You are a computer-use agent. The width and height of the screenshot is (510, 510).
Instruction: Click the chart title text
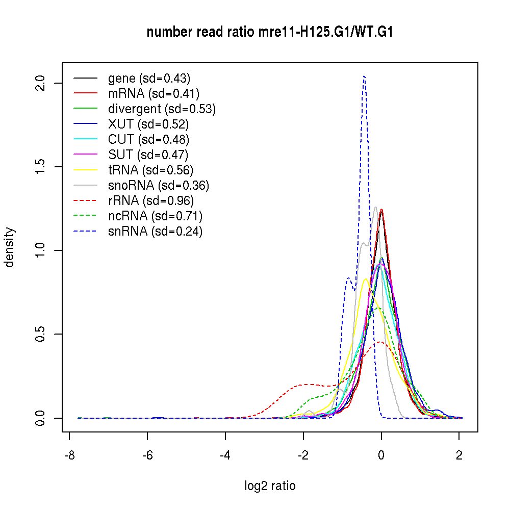[270, 32]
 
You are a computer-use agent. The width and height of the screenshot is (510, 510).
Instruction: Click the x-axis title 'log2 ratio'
[270, 486]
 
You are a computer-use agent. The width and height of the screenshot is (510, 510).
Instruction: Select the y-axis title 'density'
[10, 247]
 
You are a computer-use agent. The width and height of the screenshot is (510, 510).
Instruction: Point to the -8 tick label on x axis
[69, 455]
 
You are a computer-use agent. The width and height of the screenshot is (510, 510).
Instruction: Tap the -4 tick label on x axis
[225, 455]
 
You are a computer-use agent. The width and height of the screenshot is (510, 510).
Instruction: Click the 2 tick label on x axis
[459, 455]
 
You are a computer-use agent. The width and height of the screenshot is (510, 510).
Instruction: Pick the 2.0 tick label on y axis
[42, 83]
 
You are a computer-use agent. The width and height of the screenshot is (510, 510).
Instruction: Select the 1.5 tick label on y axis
[42, 167]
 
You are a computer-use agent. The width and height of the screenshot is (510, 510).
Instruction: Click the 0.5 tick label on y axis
[42, 334]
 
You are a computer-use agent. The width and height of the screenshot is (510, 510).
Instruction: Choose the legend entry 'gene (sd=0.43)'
[149, 79]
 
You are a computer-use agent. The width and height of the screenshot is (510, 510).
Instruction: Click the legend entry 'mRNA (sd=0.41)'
[154, 94]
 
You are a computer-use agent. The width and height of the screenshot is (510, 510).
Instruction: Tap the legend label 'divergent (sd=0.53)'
[162, 109]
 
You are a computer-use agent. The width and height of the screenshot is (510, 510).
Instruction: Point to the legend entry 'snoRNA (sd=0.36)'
[159, 186]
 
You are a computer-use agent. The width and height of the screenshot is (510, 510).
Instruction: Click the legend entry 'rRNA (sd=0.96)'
[151, 201]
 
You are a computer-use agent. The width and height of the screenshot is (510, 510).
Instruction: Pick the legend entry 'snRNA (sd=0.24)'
[155, 232]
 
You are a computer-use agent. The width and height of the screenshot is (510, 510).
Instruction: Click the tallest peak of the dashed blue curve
[364, 76]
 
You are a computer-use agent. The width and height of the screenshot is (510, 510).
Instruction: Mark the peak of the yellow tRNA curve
[366, 278]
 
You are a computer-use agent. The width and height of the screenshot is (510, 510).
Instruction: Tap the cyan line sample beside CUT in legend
[86, 140]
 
